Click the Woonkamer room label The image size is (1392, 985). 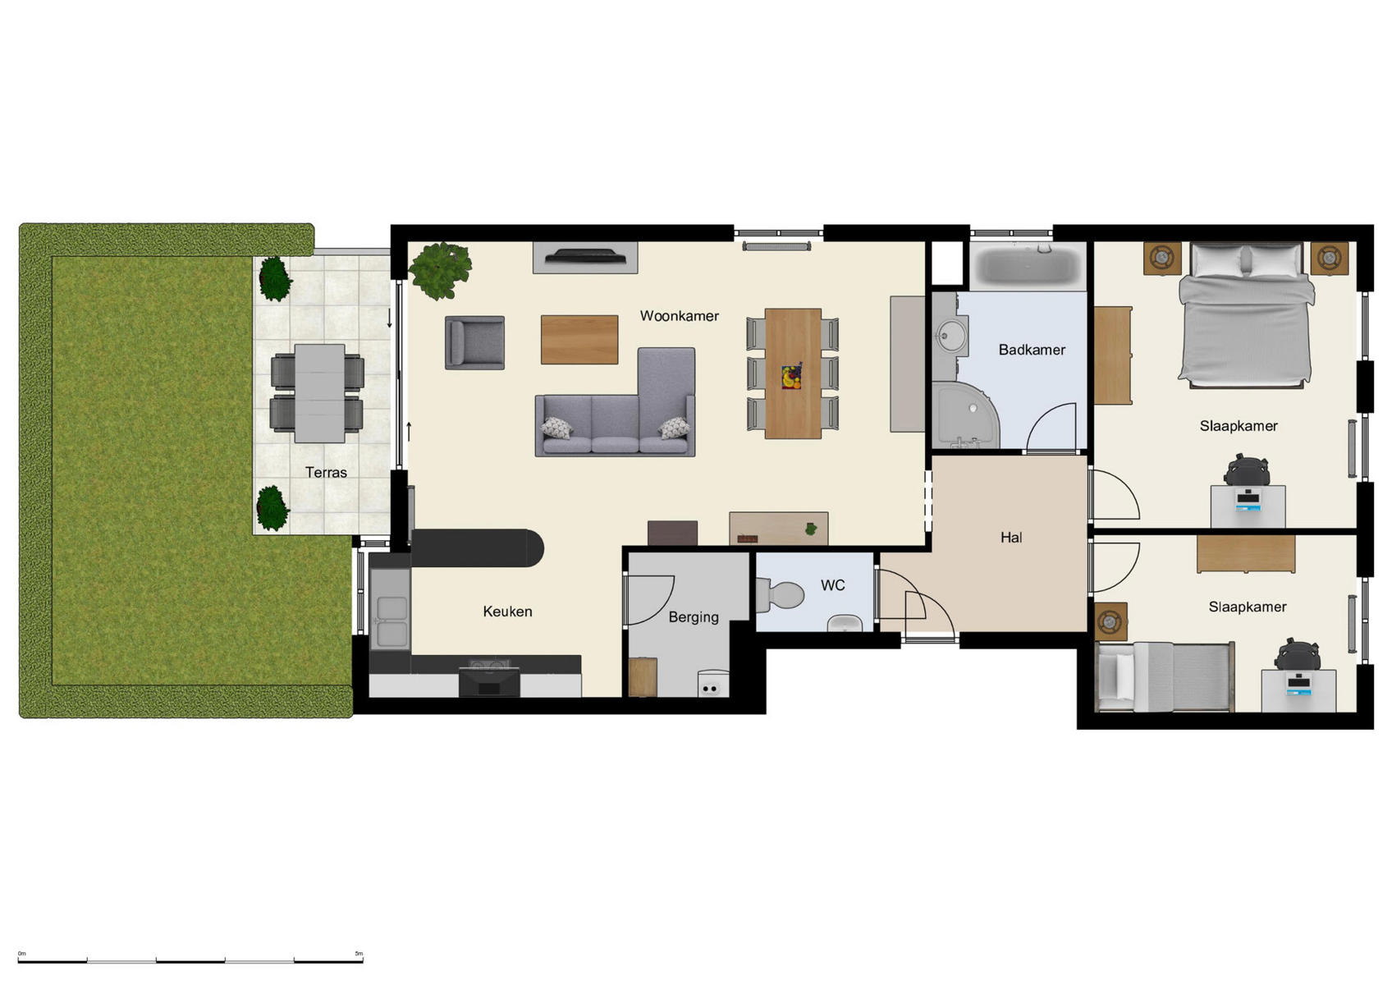coord(679,316)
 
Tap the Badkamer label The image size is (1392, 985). coord(1032,350)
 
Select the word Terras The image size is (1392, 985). coord(326,473)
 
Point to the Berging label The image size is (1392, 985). coord(693,617)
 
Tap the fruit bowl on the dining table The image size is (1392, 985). coord(791,377)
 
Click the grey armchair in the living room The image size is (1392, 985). coord(474,342)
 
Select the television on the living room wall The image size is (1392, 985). coord(585,257)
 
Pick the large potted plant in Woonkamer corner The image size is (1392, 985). coord(441,268)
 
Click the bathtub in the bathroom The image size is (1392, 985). coord(1028,266)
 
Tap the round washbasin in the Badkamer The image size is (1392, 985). coord(952,335)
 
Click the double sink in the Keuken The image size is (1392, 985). coord(391,620)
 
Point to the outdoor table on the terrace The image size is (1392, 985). coord(319,393)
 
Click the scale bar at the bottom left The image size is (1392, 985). coord(190,960)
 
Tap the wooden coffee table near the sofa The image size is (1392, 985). coord(579,339)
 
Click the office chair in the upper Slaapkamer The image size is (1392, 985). coord(1247,471)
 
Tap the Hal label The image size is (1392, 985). coord(1011,538)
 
